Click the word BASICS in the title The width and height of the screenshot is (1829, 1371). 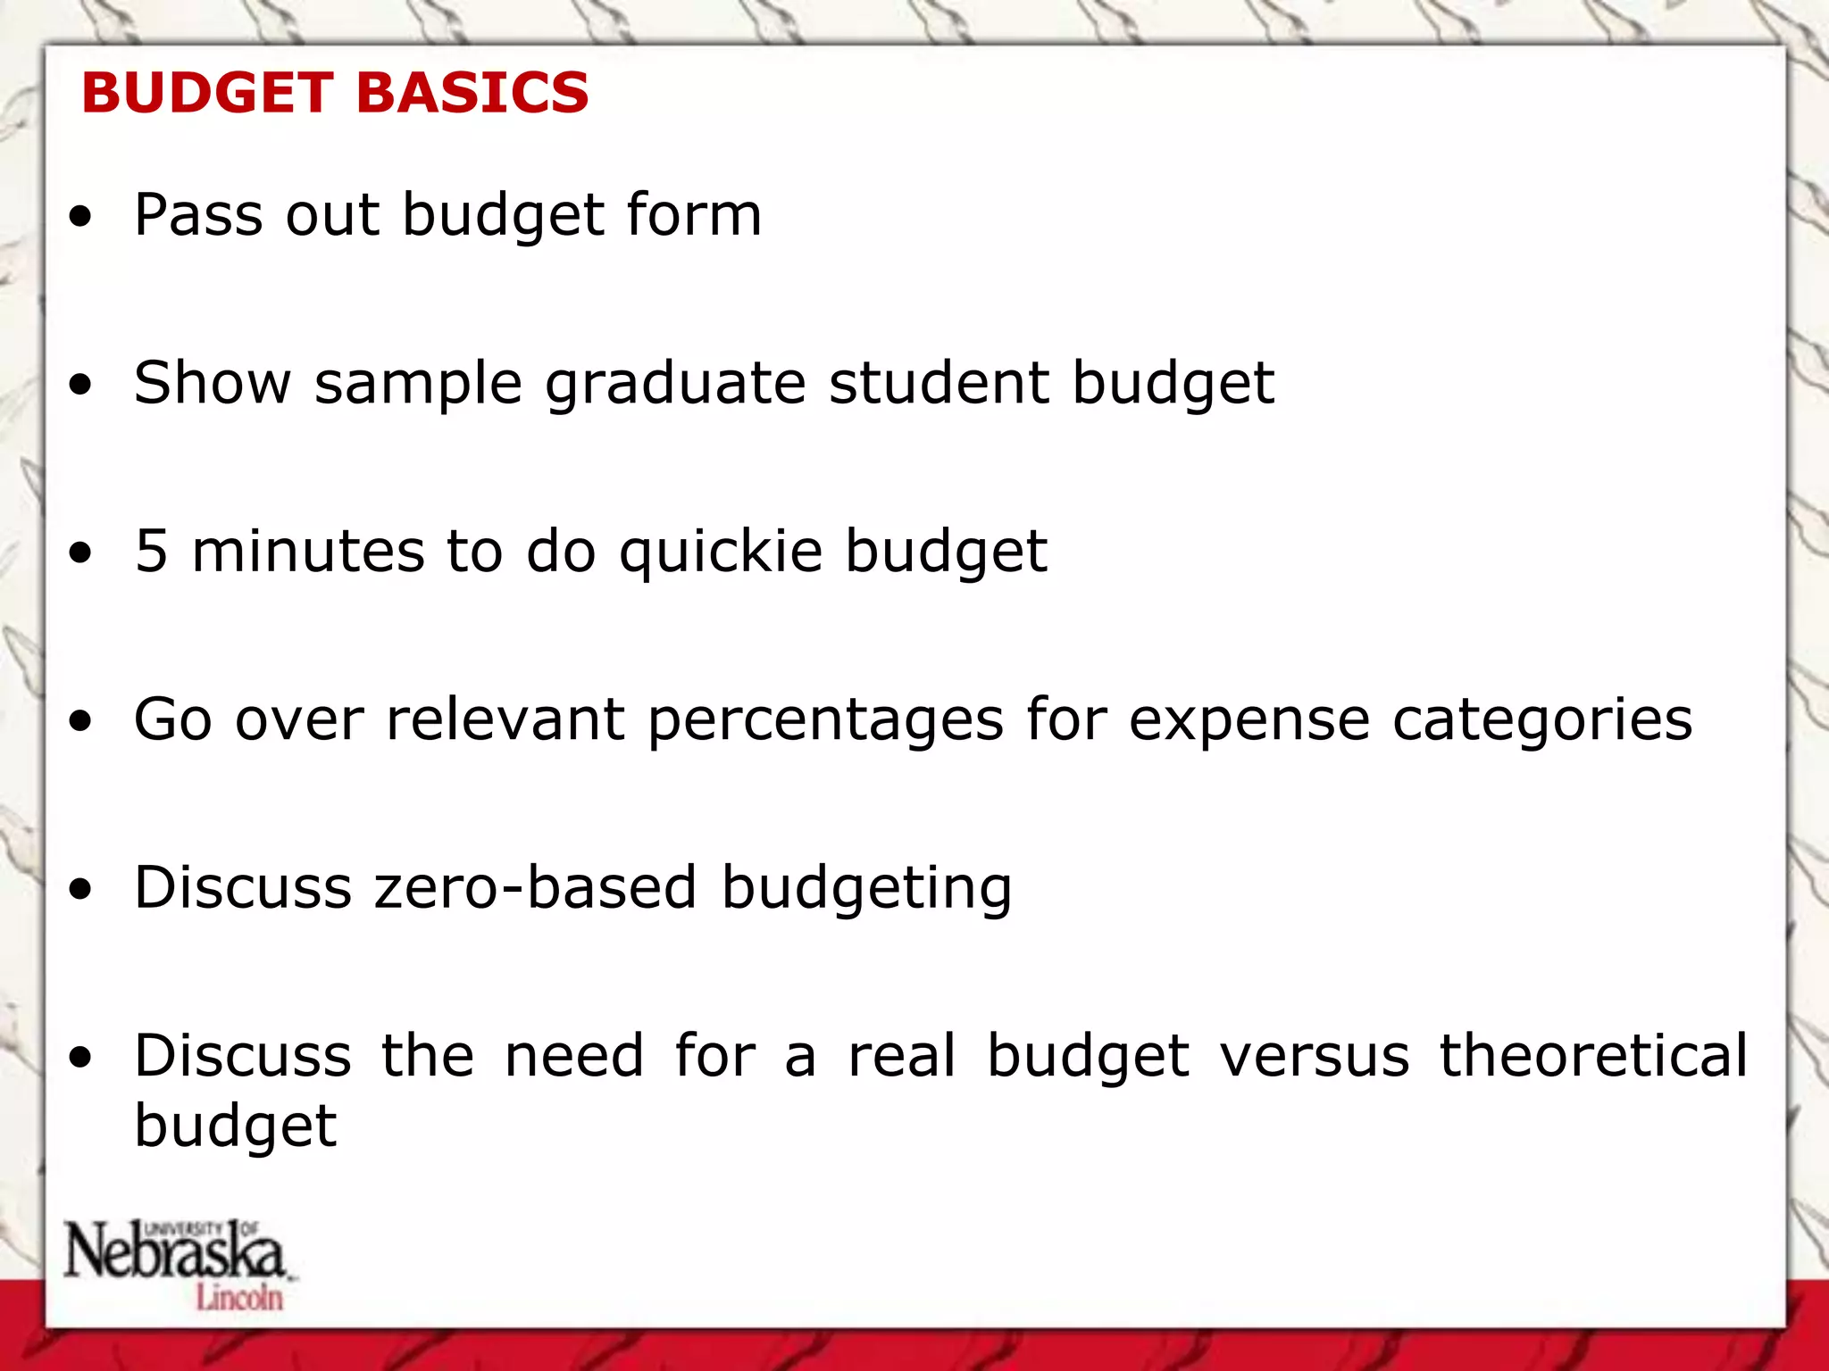[472, 93]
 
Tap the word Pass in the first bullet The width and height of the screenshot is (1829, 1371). [199, 215]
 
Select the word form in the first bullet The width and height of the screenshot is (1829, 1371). [694, 215]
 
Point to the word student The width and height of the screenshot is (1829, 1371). [939, 383]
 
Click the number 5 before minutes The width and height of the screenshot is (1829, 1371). [151, 551]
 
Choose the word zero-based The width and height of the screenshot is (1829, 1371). [535, 887]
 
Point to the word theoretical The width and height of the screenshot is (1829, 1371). [1592, 1055]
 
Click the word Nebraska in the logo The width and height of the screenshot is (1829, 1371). [174, 1251]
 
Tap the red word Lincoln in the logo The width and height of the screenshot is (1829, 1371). [239, 1298]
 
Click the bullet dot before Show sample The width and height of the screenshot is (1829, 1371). [81, 385]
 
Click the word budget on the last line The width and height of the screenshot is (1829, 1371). [236, 1126]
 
